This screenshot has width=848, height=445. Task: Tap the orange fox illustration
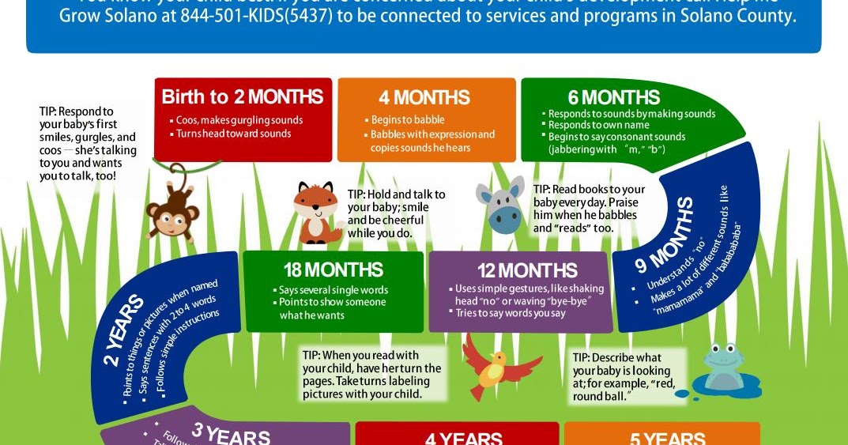click(316, 212)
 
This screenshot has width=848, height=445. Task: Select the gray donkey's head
click(503, 205)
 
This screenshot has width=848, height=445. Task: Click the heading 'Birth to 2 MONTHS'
click(243, 97)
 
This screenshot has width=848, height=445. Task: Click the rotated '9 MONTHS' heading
click(665, 236)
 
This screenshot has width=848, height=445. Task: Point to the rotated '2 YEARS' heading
click(125, 331)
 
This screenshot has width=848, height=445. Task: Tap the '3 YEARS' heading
click(231, 436)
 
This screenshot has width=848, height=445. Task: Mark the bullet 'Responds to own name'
click(598, 125)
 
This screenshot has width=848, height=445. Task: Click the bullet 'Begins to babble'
click(408, 120)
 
